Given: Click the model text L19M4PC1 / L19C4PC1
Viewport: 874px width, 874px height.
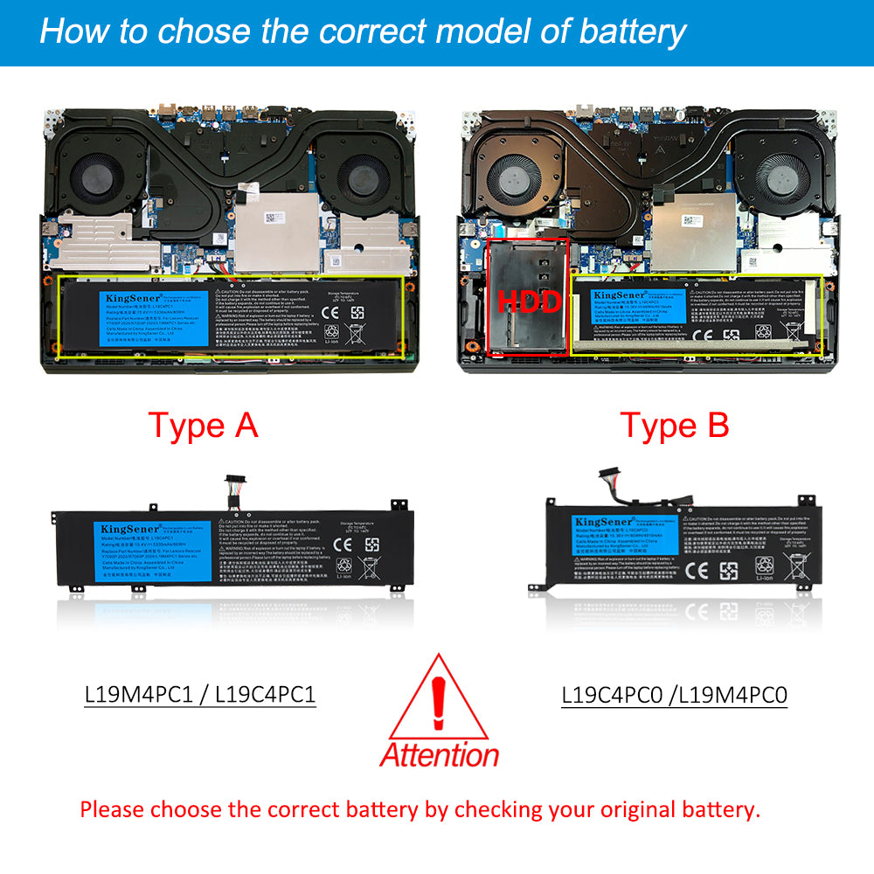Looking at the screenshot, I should tap(200, 694).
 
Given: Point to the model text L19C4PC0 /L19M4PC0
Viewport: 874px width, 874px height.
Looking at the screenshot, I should tap(675, 694).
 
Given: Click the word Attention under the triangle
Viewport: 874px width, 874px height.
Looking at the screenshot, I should tap(439, 753).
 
